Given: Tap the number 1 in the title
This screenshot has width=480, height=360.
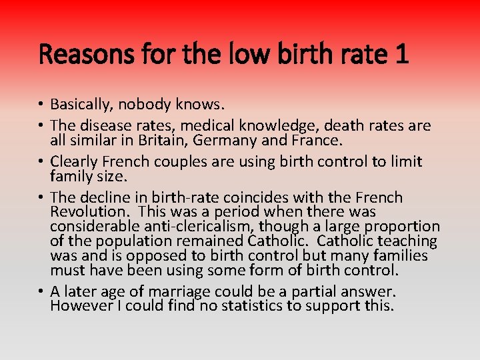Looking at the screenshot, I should tap(401, 53).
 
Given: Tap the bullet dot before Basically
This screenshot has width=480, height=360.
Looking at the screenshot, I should tap(41, 105).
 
